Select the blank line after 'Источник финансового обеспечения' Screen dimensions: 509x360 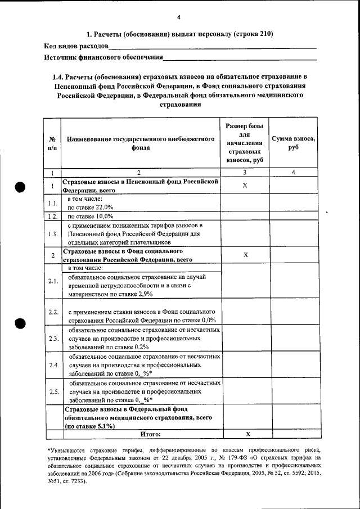point(240,59)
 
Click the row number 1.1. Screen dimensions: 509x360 point(52,203)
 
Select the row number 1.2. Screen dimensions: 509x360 point(52,216)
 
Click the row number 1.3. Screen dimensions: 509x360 point(52,234)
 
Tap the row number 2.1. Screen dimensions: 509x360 point(52,281)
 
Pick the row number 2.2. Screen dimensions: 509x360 point(52,312)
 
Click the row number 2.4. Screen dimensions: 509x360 point(52,365)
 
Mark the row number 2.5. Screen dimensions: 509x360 point(52,391)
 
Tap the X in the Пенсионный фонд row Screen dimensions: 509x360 point(245,186)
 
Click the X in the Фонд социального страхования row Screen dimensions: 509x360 point(245,255)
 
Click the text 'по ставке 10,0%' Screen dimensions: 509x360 point(91,216)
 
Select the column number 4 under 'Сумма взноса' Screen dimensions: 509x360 point(292,172)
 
